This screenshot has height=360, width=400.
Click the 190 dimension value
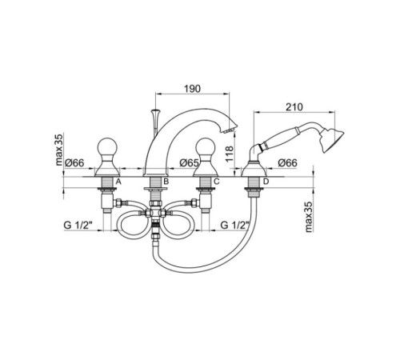192,89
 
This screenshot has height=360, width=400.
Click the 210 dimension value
294,107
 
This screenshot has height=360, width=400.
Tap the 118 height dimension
230,154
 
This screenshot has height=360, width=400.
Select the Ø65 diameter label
189,162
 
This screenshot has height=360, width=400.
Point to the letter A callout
118,182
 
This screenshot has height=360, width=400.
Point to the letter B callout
166,182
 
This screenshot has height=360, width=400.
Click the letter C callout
216,182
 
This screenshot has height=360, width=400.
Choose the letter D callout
266,182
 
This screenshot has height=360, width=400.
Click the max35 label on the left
59,150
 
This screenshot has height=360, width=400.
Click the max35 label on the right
309,217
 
